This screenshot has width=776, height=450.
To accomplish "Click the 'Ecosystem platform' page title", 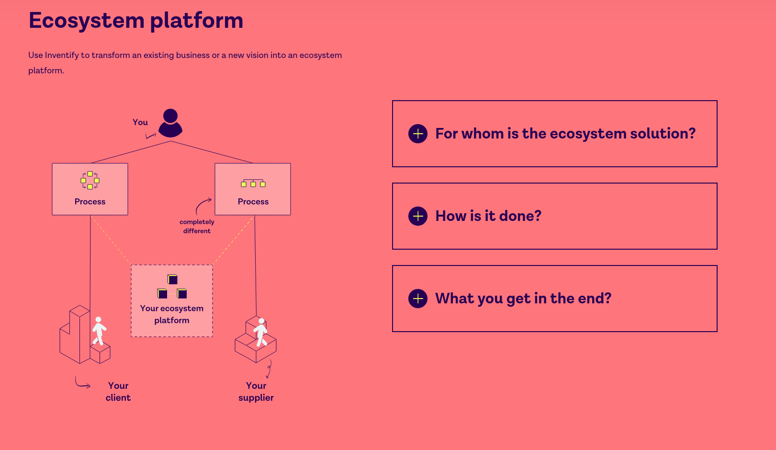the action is tap(136, 21).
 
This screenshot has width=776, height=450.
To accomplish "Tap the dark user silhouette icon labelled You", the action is tap(170, 123).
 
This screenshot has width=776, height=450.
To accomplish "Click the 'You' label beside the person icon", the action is tap(140, 122).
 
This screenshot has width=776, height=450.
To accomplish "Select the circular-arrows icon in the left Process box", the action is tap(90, 180).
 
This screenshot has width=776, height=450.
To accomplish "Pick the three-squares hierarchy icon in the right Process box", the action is tap(253, 184).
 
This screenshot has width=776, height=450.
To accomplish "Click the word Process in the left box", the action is tap(90, 202).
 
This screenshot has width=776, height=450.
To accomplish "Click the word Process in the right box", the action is tap(253, 202).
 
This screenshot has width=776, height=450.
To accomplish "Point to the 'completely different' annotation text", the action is tap(197, 226).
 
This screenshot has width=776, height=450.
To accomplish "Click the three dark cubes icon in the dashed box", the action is tap(172, 287).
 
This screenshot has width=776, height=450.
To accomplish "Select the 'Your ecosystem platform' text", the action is tap(172, 314).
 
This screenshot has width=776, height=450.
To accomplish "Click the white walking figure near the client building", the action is tap(99, 331).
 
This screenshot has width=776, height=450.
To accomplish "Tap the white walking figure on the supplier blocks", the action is tap(260, 333).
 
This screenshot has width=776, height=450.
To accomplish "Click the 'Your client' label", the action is tap(118, 392).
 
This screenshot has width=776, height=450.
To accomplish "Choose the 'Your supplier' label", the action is tap(256, 392).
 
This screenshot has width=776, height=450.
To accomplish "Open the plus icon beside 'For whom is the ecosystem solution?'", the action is tap(418, 134).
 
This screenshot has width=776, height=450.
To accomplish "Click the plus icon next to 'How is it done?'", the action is tap(418, 216).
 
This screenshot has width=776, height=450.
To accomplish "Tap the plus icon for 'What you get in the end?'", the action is tap(418, 299).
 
